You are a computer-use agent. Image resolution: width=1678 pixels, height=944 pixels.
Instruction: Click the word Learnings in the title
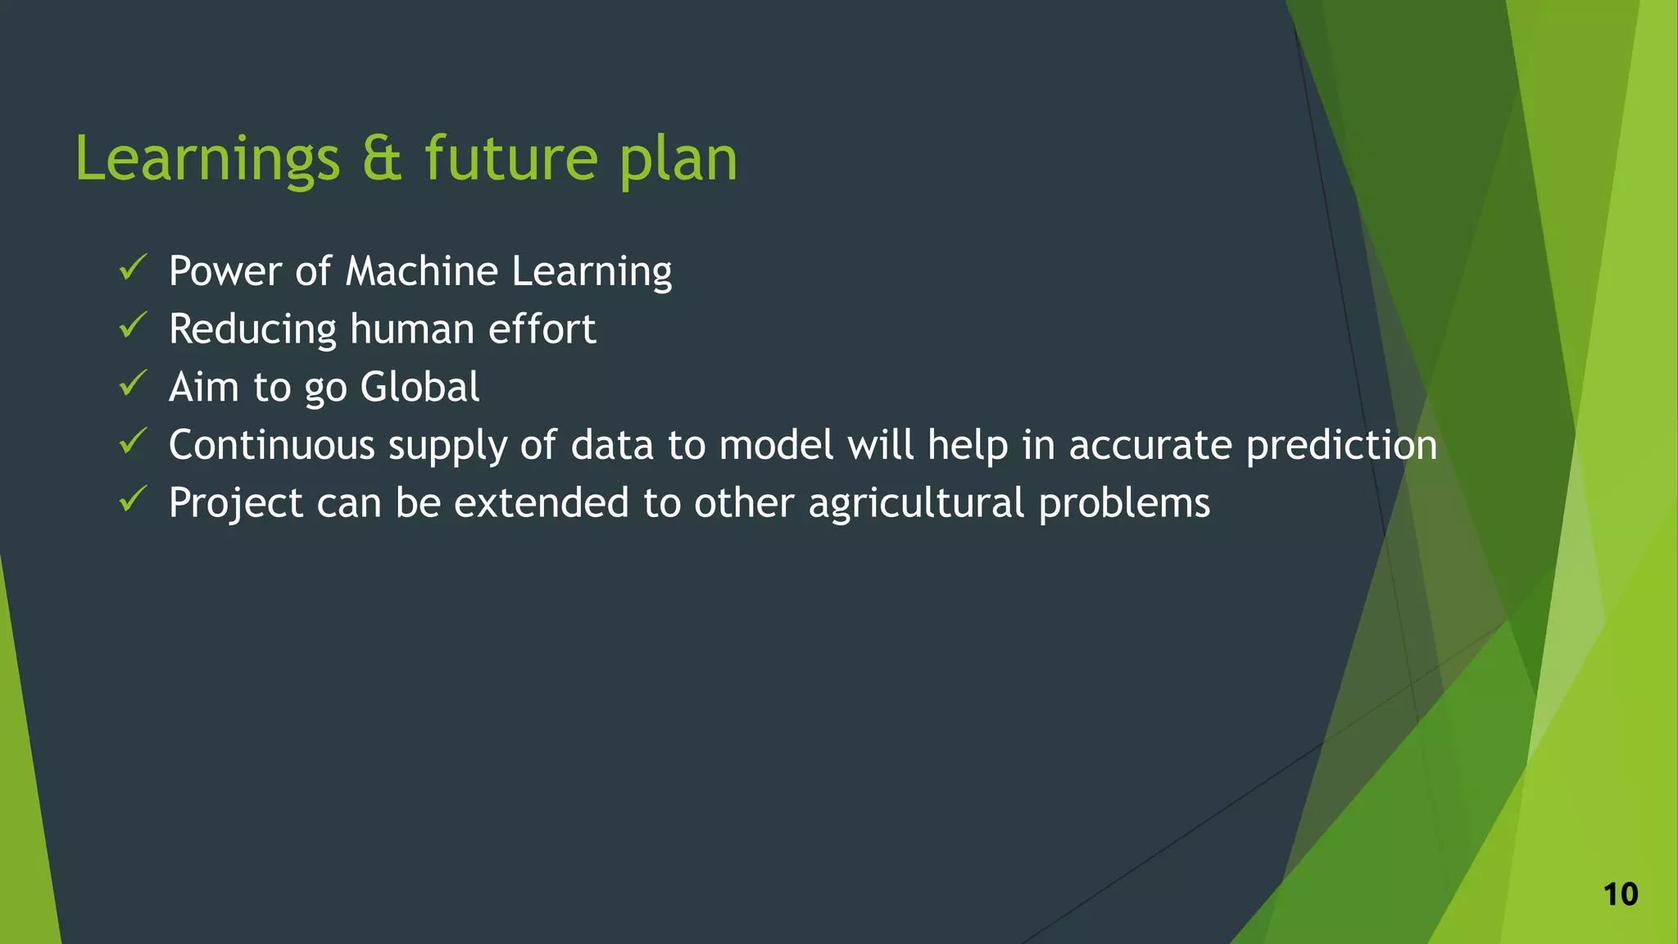206,159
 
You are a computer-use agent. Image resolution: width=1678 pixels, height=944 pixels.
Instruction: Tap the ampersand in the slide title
382,159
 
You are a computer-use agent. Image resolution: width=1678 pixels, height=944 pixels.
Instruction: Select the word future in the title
511,159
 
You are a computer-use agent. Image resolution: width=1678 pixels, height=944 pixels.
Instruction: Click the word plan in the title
678,159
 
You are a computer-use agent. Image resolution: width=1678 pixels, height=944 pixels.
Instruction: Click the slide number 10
1620,894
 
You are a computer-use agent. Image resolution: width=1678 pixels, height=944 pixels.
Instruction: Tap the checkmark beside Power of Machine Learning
133,268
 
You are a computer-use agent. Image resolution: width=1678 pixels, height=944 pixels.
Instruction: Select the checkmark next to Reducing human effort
133,326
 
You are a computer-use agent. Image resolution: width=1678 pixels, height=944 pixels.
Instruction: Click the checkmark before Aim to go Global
133,383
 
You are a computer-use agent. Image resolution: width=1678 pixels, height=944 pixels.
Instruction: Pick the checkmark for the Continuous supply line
133,442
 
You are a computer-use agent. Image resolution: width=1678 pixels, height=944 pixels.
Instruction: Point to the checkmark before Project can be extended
133,499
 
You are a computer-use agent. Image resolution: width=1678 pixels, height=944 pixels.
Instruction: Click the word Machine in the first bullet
421,271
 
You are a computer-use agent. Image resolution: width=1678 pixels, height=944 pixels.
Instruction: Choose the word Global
419,387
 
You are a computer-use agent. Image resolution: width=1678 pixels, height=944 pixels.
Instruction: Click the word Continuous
271,445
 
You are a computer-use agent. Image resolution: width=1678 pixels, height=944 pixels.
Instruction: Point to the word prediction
1341,445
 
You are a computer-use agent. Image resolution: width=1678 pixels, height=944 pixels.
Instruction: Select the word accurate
1150,445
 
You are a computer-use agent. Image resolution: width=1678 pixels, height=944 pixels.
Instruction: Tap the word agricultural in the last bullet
916,503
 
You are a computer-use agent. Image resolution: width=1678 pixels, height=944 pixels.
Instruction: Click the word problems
1123,503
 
